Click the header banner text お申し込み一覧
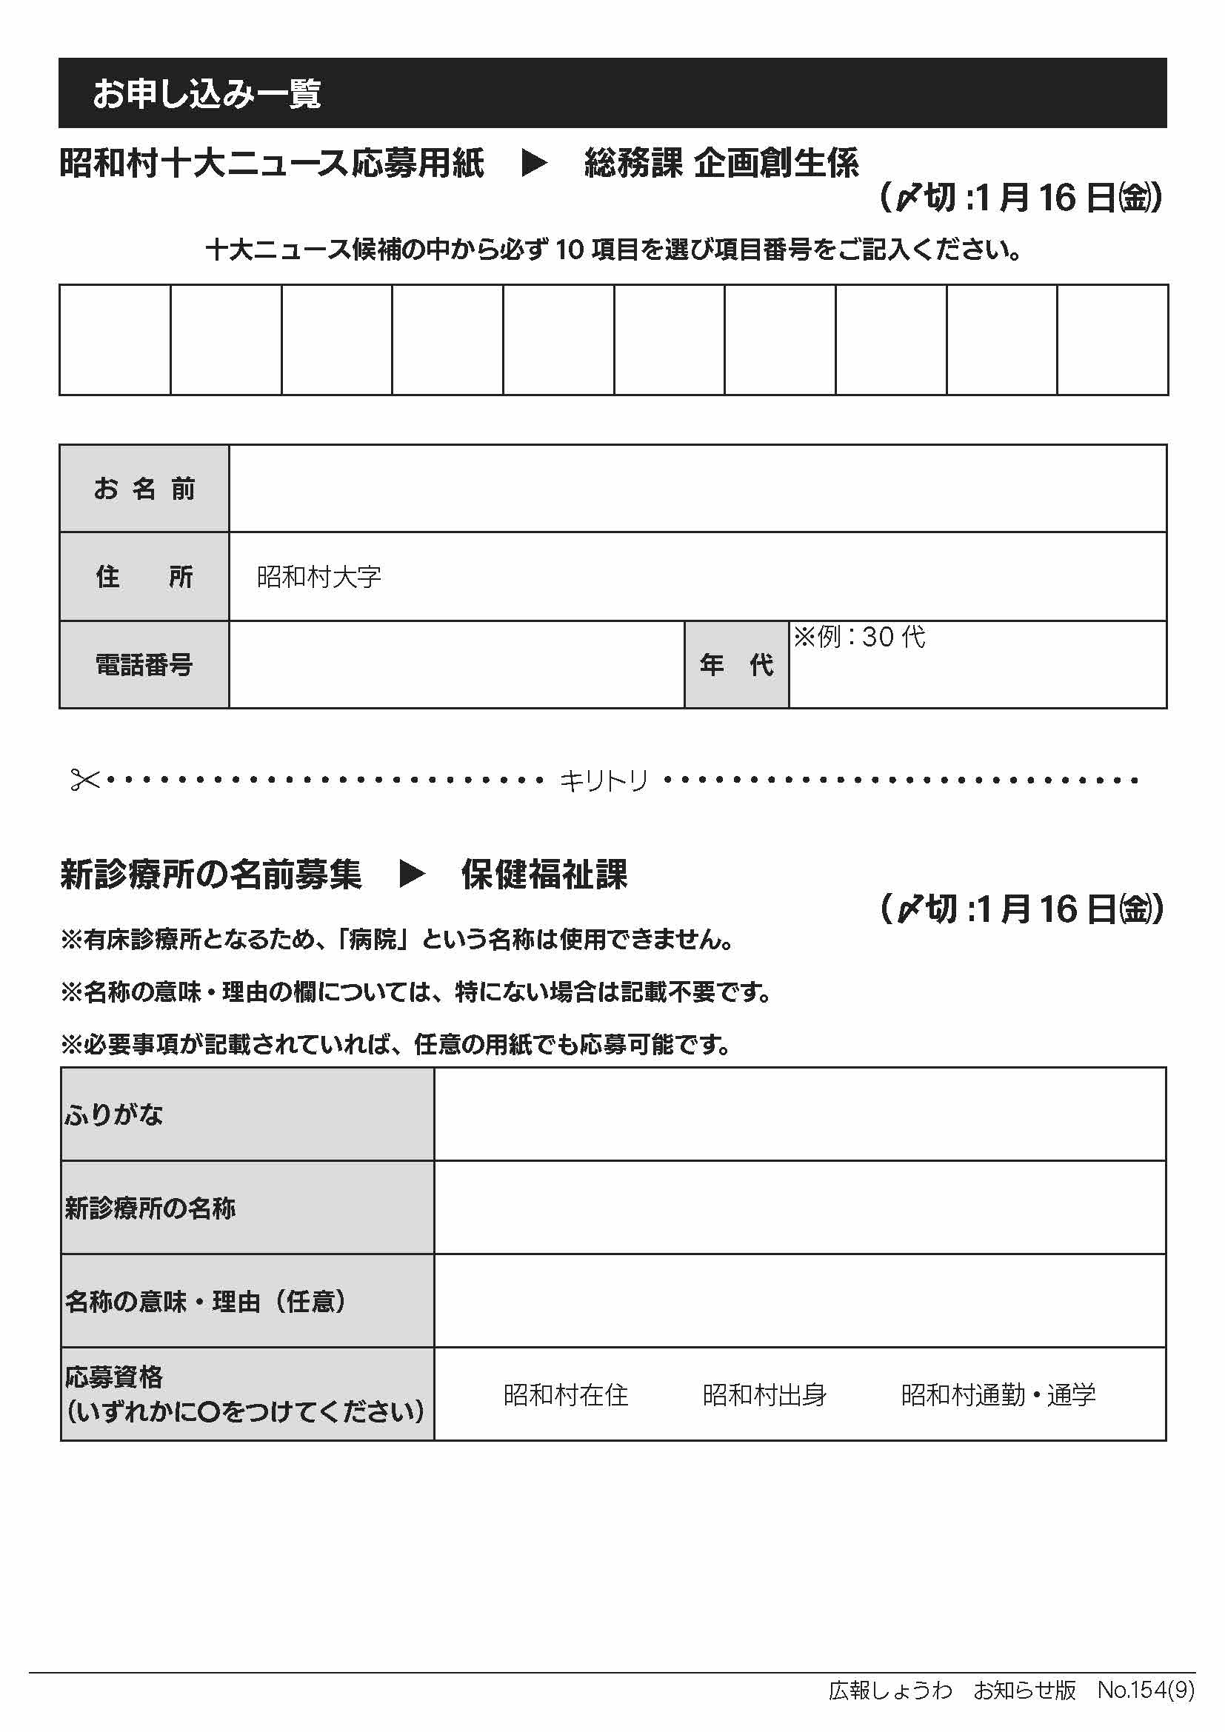(x=207, y=93)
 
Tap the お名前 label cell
(x=144, y=489)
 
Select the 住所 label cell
(x=144, y=576)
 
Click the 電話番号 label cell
(x=144, y=664)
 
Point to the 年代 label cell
(x=736, y=664)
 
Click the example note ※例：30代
(x=859, y=638)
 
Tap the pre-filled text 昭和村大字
(x=319, y=577)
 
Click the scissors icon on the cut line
(x=84, y=779)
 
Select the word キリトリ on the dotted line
(x=604, y=780)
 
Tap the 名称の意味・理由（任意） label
(x=205, y=1301)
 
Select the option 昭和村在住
(x=566, y=1395)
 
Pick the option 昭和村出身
(x=764, y=1395)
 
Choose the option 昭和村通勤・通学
(x=998, y=1395)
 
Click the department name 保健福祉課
(x=544, y=875)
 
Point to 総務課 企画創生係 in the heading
(x=721, y=163)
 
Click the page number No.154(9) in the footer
(x=1146, y=1690)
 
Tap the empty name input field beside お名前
(x=697, y=489)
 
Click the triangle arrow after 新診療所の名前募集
(x=412, y=875)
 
